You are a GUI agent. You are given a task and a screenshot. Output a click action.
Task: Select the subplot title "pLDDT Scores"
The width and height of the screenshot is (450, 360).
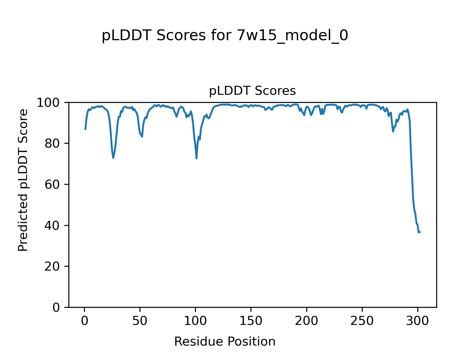pos(252,91)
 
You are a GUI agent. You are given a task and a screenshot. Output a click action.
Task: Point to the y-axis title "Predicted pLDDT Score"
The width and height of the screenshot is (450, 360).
pos(23,180)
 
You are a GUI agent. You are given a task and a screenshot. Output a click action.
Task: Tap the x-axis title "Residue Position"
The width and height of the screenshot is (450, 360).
pos(225,342)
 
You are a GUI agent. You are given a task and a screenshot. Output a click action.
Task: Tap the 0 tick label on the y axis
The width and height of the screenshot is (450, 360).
pos(56,307)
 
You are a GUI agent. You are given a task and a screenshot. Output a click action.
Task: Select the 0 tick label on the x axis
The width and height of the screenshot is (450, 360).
pos(85,321)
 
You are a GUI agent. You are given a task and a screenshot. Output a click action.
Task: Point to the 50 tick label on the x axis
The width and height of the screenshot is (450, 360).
pos(140,321)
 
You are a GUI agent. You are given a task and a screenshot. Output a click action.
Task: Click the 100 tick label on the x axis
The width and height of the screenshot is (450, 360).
pos(195,321)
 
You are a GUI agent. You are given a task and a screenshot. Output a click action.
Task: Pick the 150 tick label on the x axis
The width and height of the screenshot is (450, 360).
pos(251,321)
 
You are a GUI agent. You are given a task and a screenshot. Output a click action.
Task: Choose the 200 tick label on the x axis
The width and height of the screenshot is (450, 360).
pos(306,321)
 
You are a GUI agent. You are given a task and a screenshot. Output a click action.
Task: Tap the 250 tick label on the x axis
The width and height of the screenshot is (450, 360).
pos(362,321)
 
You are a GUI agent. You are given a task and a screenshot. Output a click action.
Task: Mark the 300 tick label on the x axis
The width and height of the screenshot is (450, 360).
pos(417,321)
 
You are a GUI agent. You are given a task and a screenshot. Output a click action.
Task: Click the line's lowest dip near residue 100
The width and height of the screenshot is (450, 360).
pos(196,158)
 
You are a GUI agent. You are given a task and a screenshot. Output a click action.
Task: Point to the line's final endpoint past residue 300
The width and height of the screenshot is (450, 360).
pos(420,232)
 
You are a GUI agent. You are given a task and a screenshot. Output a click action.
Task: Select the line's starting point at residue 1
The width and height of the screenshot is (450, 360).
pos(85,129)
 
